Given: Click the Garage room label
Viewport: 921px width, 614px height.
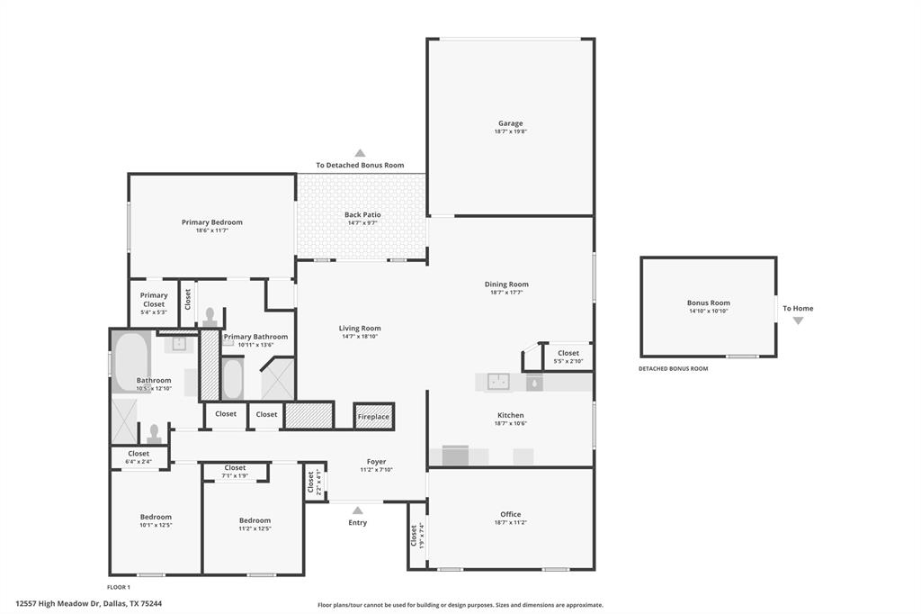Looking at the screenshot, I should point(510,123).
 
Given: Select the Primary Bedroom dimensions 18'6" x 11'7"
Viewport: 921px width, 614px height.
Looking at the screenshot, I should point(211,230).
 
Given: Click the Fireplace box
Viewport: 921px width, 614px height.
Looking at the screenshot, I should point(373,417).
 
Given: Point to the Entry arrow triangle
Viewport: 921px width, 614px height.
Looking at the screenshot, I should point(358,510).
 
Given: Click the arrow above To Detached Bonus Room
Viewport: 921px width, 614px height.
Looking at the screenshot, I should point(360,153).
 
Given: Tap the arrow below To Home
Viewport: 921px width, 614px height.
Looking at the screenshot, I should point(797,321).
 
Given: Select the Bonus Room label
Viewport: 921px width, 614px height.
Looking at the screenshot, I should point(708,302).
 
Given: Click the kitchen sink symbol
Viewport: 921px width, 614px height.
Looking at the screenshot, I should point(498,382).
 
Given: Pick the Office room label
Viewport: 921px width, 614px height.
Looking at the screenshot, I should point(510,514).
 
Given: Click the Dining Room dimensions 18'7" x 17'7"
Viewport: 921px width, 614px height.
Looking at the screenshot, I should point(506,292).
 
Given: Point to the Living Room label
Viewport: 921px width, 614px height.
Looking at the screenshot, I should point(360,328).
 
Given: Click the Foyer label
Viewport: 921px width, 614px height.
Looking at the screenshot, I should point(376,461).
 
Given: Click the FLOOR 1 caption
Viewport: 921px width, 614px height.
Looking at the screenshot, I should point(119,587).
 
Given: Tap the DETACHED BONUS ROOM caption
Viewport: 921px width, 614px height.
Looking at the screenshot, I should point(673,368).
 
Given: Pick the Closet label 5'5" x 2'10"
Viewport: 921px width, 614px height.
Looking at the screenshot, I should point(568,354).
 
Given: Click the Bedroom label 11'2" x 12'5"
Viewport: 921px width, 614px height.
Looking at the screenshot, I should point(255,520).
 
